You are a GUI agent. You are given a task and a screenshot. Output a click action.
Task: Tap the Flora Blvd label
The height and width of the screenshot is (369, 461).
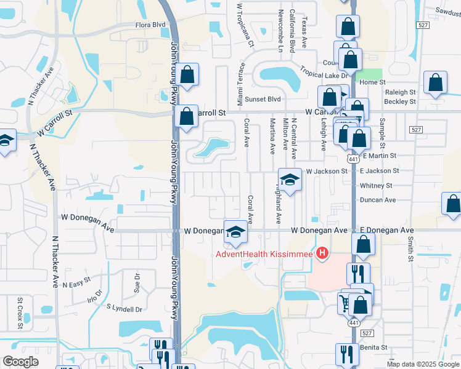[x=151, y=25]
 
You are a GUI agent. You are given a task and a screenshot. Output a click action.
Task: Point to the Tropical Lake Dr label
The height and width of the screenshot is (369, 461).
[x=324, y=71]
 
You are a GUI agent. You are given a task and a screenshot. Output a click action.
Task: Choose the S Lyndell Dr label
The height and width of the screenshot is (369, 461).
[x=124, y=307]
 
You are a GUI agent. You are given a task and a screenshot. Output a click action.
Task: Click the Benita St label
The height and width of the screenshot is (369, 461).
[x=373, y=347]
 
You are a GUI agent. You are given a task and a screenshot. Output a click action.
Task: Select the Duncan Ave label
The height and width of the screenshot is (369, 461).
[x=378, y=200]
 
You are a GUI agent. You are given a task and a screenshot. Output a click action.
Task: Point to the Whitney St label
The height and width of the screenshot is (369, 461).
[x=376, y=185]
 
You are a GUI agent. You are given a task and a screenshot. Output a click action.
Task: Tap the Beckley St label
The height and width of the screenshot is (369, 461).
[x=400, y=101]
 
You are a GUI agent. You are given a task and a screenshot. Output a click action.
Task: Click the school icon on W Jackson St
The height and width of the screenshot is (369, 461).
[x=289, y=180]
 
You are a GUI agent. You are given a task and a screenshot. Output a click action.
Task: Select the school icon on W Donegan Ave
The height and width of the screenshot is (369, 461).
[x=234, y=232]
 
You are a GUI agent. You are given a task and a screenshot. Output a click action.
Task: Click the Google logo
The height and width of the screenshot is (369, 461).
[x=21, y=362]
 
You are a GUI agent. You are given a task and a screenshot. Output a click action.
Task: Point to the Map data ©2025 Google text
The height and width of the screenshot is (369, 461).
[x=423, y=364]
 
